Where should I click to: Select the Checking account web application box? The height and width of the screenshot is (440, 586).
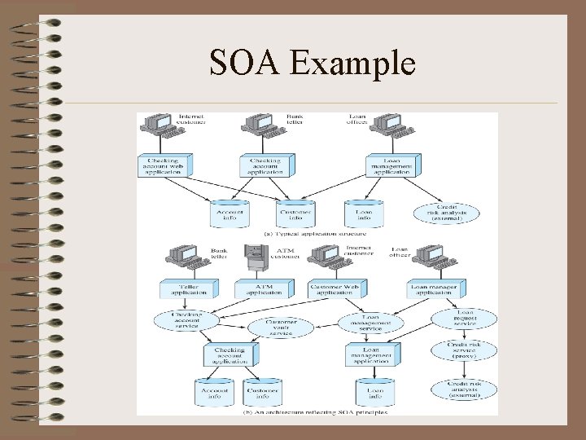[x=164, y=165]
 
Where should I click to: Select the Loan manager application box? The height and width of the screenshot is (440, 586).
[x=436, y=288]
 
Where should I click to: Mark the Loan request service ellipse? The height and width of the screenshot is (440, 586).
[x=465, y=319]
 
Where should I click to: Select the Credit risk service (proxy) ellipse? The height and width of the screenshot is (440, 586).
[x=462, y=350]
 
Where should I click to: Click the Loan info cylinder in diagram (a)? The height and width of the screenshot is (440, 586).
[x=364, y=213]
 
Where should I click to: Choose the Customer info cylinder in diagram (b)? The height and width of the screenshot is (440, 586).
[x=262, y=393]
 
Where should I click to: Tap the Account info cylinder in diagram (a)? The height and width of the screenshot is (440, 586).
[x=230, y=213]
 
